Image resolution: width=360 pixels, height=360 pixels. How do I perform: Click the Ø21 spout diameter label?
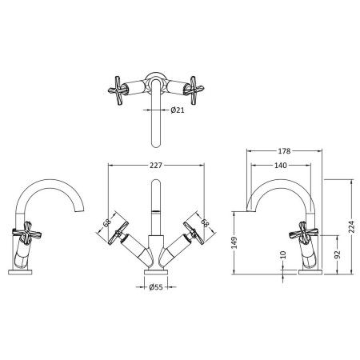pyautogui.click(x=178, y=110)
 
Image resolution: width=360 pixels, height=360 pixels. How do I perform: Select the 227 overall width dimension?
pyautogui.click(x=155, y=166)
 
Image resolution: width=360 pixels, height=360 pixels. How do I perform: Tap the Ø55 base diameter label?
pyautogui.click(x=156, y=287)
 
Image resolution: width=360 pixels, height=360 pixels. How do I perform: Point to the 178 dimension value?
pyautogui.click(x=284, y=151)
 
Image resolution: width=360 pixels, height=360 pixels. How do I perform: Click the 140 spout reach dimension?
pyautogui.click(x=281, y=166)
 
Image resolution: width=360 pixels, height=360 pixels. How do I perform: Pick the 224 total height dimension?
pyautogui.click(x=352, y=226)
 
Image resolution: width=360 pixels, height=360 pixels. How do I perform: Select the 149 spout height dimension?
pyautogui.click(x=234, y=242)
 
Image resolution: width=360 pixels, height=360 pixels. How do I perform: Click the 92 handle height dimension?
pyautogui.click(x=338, y=254)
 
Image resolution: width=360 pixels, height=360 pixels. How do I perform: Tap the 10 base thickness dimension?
pyautogui.click(x=283, y=254)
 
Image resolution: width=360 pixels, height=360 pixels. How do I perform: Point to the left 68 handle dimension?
pyautogui.click(x=107, y=222)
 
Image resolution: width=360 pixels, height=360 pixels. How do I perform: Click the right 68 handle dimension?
pyautogui.click(x=205, y=222)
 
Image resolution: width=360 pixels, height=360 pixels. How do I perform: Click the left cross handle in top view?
pyautogui.click(x=116, y=90)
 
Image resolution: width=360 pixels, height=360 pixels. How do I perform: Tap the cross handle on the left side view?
pyautogui.click(x=26, y=233)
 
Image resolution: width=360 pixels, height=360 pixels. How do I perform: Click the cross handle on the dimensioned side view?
pyautogui.click(x=304, y=233)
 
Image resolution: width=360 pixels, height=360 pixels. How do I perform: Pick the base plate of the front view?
pyautogui.click(x=156, y=272)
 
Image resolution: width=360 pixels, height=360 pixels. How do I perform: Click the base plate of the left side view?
pyautogui.click(x=20, y=272)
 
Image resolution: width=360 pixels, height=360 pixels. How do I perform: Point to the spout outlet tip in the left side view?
pyautogui.click(x=79, y=211)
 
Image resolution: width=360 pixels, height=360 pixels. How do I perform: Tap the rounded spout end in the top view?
pyautogui.click(x=156, y=144)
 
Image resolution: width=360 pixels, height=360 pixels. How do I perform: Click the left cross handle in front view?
pyautogui.click(x=118, y=233)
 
